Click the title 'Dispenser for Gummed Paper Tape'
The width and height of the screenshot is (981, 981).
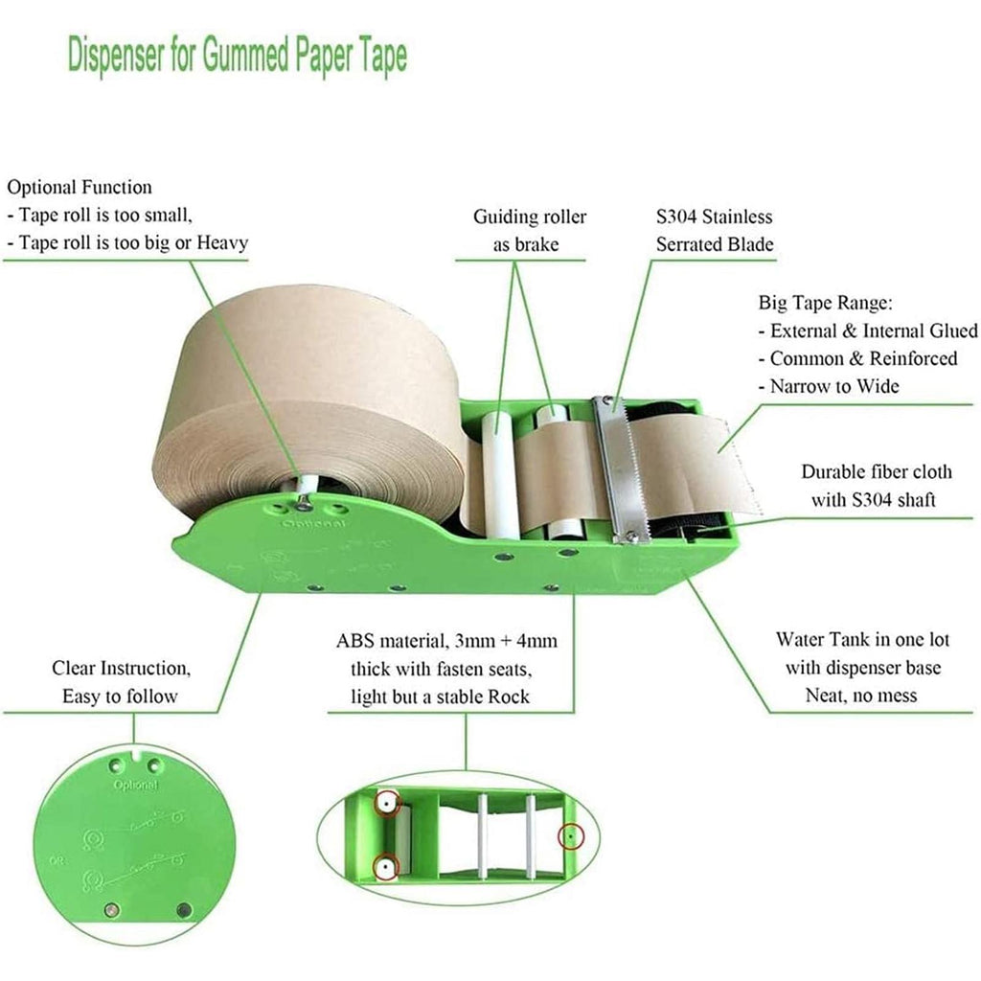[238, 56]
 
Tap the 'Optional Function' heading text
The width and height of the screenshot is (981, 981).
[80, 187]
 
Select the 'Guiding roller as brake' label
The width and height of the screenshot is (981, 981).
[529, 230]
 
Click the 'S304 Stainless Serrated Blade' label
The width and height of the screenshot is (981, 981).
[715, 230]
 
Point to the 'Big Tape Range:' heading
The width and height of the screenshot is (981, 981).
[825, 303]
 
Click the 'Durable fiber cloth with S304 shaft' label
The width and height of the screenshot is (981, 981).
[876, 486]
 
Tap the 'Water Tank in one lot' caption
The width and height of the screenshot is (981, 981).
[863, 639]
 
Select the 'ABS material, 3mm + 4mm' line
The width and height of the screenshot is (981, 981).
[446, 641]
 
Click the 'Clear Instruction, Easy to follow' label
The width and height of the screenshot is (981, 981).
[121, 682]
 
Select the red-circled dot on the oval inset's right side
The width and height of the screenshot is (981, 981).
[570, 835]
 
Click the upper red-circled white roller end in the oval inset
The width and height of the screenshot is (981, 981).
[387, 803]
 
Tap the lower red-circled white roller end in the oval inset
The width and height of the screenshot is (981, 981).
[386, 868]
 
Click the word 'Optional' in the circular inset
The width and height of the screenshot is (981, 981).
[136, 785]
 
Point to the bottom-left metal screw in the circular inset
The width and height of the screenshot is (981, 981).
[112, 910]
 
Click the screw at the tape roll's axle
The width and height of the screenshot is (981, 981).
[304, 498]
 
